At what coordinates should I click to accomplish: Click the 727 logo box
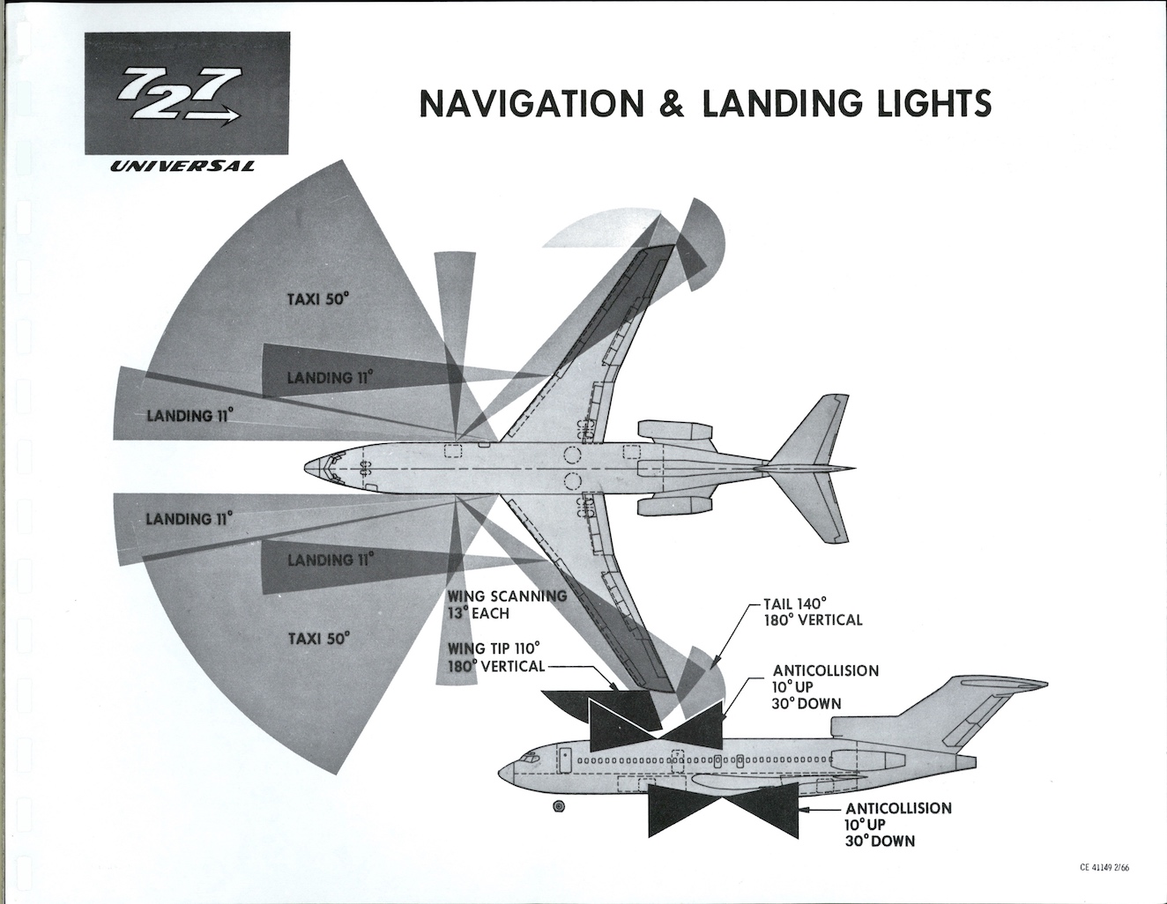[x=187, y=93]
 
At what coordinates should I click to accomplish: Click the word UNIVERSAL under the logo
[x=183, y=166]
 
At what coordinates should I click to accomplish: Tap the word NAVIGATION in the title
[x=532, y=104]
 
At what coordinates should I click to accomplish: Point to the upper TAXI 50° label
[x=318, y=299]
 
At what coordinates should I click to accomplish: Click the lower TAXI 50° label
[x=318, y=637]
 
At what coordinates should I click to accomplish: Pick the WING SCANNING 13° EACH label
[x=506, y=604]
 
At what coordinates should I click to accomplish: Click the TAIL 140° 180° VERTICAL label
[x=812, y=611]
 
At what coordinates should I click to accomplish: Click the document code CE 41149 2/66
[x=1104, y=867]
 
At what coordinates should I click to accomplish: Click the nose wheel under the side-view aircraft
[x=559, y=806]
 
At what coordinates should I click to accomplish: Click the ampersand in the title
[x=673, y=104]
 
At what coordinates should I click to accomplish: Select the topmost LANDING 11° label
[x=329, y=378]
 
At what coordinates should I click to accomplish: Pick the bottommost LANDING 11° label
[x=329, y=559]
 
